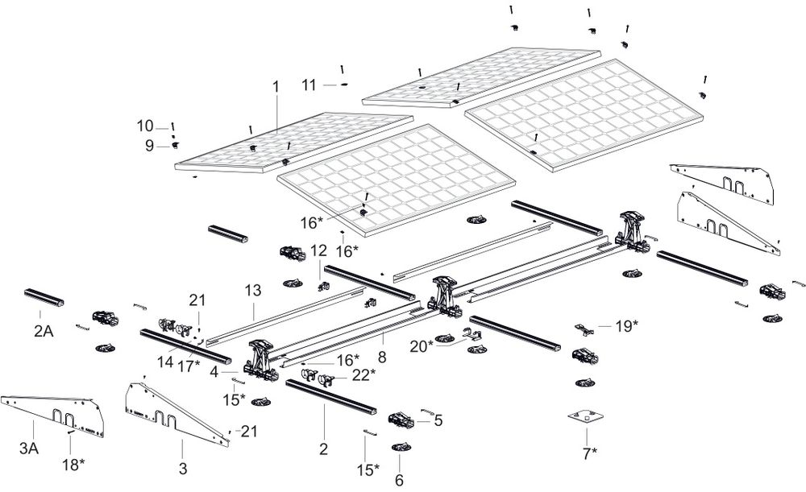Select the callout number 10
coord(145,126)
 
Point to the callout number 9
coord(148,146)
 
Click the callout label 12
coord(318,250)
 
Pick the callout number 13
coord(253,289)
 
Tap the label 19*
coord(625,325)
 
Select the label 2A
coord(44,331)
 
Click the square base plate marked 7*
coord(586,417)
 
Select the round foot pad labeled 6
coord(401,447)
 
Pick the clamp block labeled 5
coord(402,420)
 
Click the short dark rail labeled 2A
coord(44,299)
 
